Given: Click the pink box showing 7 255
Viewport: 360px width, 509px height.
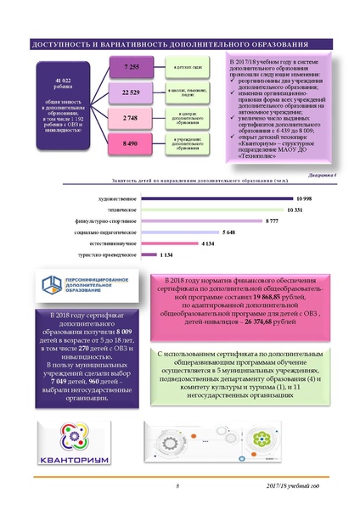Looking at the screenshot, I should pos(132,65).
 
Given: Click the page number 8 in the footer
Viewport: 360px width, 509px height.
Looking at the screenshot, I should pos(178,486).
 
